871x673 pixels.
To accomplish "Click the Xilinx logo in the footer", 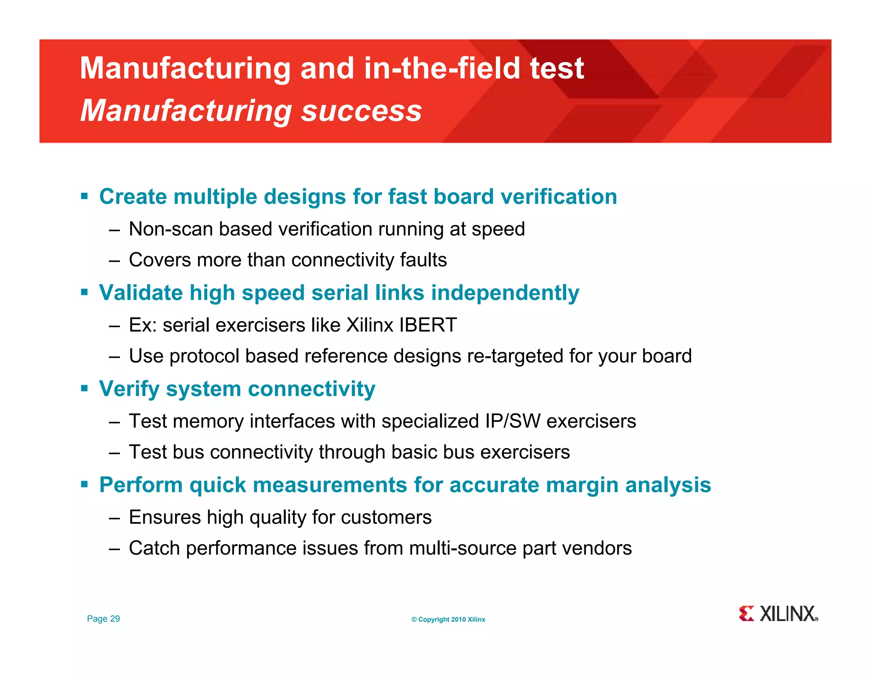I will click(778, 614).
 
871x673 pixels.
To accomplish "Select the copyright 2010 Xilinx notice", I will click(448, 619).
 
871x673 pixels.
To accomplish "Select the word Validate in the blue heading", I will click(140, 293).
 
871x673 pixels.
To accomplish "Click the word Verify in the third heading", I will click(128, 389).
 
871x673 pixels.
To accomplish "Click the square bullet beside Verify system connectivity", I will click(84, 388).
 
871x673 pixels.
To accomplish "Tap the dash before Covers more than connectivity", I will click(114, 260).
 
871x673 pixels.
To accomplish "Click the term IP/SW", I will click(512, 421).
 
